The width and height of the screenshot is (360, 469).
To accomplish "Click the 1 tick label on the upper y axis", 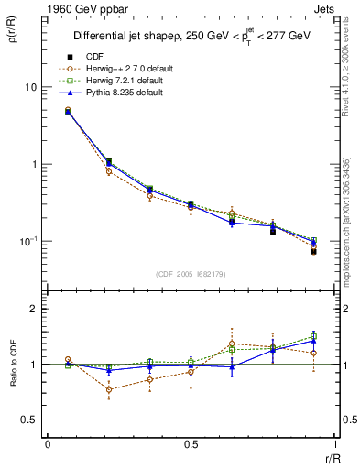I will coord(34,165).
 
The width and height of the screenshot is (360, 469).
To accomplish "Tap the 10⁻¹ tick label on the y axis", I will coord(28,241).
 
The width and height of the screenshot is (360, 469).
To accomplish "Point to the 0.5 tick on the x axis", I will coord(191,444).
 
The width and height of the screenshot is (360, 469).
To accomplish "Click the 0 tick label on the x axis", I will coord(48,444).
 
